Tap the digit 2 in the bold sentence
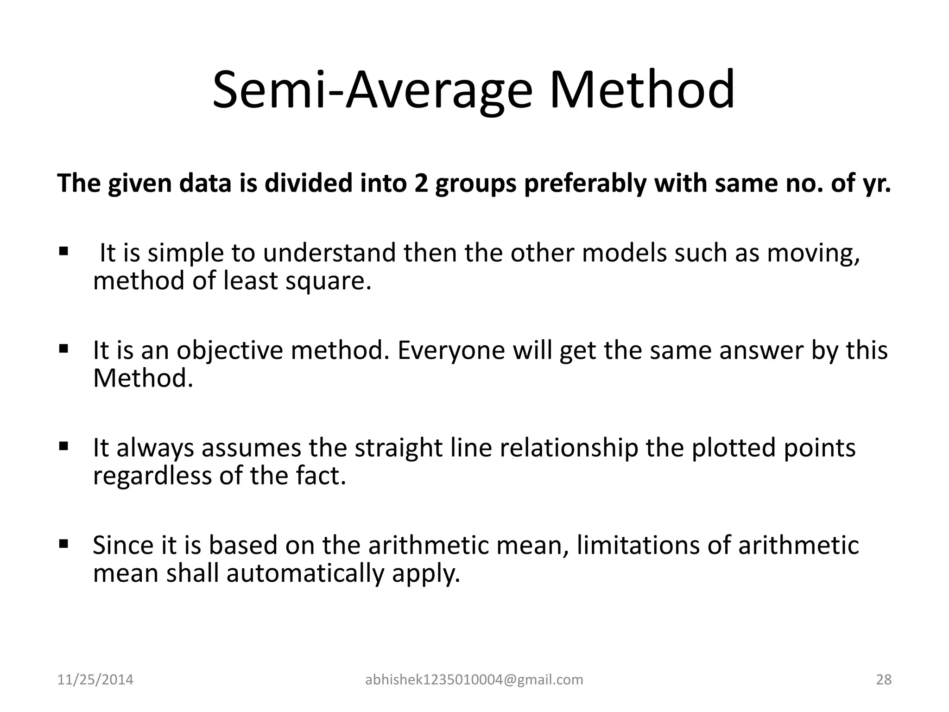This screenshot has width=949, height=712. (415, 184)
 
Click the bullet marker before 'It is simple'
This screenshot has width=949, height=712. (63, 252)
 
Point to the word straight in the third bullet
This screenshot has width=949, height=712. (399, 448)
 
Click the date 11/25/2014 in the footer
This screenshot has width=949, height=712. (95, 680)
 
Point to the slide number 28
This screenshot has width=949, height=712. (884, 680)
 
